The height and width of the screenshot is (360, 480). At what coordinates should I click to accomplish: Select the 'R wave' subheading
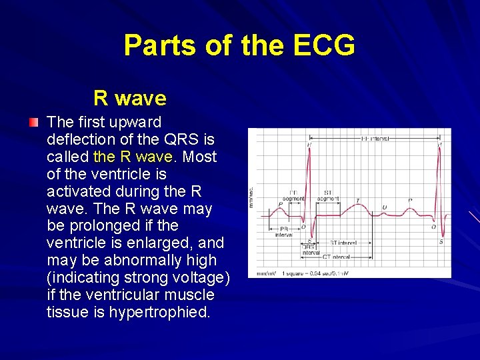[x=130, y=99]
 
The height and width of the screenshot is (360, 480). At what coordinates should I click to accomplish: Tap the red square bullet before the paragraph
[x=33, y=123]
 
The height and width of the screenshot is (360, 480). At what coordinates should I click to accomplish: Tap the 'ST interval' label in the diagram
[x=343, y=243]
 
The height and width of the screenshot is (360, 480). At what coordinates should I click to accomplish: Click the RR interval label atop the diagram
[x=375, y=139]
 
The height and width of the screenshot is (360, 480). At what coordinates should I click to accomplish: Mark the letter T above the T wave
[x=357, y=201]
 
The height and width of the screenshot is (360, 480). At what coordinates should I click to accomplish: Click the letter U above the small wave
[x=385, y=208]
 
